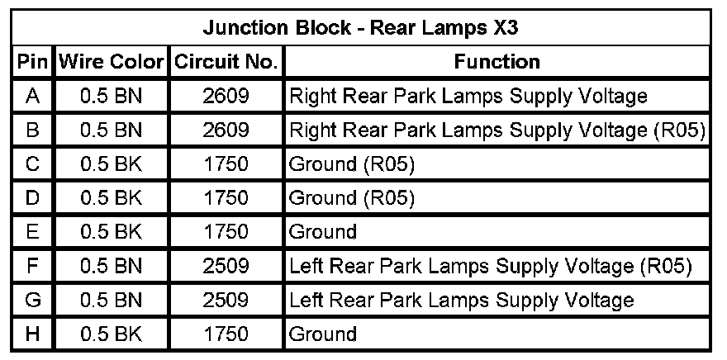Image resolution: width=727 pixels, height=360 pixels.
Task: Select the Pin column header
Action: (x=31, y=62)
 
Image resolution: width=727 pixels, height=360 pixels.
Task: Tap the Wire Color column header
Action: (x=111, y=62)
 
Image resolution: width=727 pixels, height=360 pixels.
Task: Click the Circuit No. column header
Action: (x=225, y=62)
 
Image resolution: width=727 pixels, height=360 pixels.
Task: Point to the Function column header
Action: (x=497, y=62)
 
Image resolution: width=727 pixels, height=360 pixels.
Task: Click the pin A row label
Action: (x=32, y=96)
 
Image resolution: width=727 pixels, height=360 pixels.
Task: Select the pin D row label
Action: (x=32, y=198)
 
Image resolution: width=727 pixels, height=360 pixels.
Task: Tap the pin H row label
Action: (x=32, y=334)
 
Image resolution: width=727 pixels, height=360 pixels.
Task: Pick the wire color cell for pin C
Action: (x=111, y=164)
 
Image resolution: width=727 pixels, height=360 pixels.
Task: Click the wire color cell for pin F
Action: (x=111, y=266)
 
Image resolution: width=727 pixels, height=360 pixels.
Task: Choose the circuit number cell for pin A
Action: (x=225, y=96)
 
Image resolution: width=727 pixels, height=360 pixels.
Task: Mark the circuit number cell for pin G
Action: (x=225, y=300)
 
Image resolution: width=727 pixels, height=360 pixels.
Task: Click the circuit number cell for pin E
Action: (x=225, y=232)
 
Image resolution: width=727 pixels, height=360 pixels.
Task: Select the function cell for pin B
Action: (x=496, y=130)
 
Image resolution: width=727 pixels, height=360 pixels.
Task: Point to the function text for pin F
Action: (x=489, y=266)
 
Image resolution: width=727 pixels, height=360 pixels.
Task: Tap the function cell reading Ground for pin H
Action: (x=323, y=334)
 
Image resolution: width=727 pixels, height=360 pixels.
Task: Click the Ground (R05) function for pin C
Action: (x=351, y=164)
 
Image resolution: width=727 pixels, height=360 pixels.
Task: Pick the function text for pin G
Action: (x=461, y=300)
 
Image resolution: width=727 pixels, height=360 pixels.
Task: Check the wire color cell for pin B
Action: (x=111, y=130)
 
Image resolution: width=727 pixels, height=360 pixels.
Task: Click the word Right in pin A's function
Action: (x=309, y=96)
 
